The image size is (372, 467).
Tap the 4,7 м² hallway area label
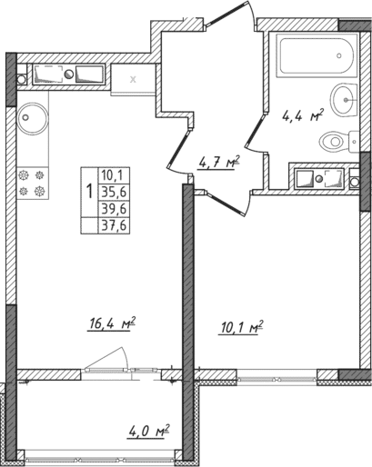coord(218,163)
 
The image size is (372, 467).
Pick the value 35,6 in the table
coord(116,191)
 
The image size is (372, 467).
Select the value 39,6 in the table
coord(116,208)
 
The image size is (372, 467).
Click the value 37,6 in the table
coord(116,225)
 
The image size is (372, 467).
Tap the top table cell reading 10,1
coord(116,174)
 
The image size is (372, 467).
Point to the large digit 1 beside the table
coord(89,192)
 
